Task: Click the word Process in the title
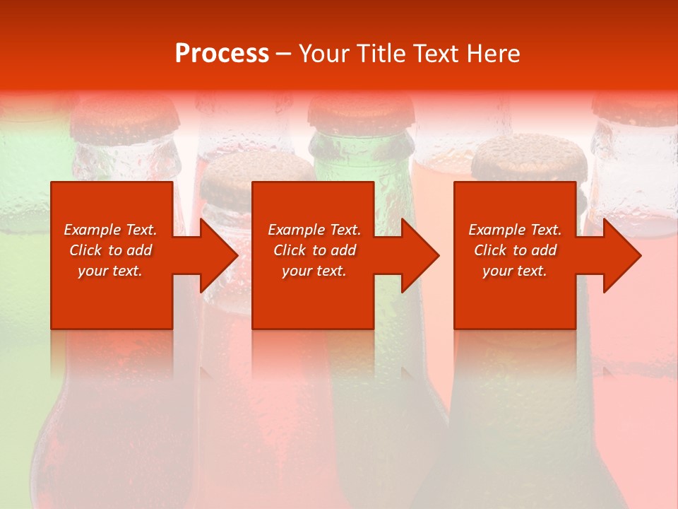222,53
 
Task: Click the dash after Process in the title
284,54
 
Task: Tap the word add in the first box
140,250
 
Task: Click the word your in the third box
497,271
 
